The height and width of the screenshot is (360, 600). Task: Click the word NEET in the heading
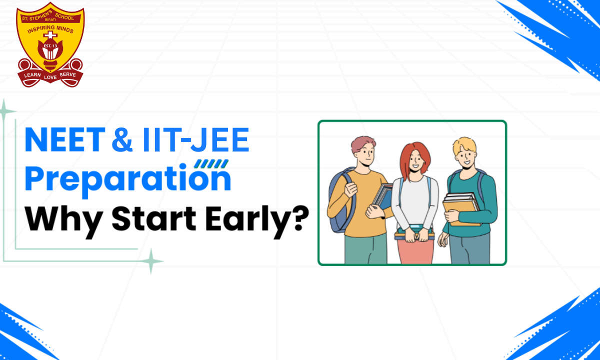(65, 139)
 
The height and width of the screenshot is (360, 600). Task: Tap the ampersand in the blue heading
(122, 139)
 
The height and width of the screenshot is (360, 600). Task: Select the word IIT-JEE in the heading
(196, 139)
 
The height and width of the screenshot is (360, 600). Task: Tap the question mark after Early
(301, 218)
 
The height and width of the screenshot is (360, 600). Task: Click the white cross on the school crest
(50, 35)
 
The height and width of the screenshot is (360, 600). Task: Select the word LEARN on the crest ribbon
(32, 75)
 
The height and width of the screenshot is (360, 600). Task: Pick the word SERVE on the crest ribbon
(68, 74)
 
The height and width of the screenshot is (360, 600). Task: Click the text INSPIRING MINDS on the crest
(50, 29)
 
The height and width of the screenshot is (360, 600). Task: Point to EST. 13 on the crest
(50, 46)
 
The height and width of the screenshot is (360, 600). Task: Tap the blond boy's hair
(464, 145)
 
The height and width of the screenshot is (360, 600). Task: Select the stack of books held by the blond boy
(461, 208)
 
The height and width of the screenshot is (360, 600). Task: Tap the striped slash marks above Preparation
(211, 163)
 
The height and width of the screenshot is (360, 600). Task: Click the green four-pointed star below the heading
(151, 261)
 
